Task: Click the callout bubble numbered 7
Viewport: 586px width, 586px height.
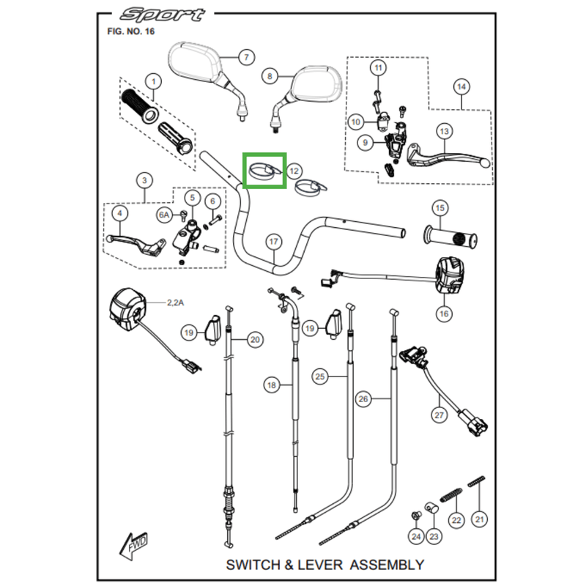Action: (245, 57)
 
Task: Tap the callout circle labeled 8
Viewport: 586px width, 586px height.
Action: (270, 75)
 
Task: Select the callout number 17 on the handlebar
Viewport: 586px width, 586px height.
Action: (273, 241)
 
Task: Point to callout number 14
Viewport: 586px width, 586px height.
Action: (461, 87)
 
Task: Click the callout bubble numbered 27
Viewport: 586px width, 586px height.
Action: (439, 415)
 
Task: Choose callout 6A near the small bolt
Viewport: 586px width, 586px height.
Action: (164, 215)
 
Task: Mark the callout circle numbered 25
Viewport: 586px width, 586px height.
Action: (319, 377)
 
